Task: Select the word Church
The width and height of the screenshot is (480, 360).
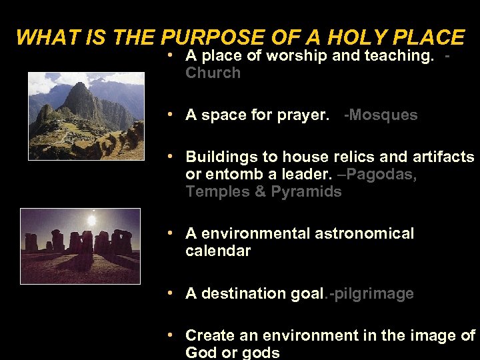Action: (213, 73)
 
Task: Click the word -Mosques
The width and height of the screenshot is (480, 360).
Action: (380, 115)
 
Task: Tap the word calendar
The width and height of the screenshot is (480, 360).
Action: (218, 251)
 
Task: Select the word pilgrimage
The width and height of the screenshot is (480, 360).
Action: (375, 293)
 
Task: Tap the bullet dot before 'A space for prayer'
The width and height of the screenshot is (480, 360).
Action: (171, 115)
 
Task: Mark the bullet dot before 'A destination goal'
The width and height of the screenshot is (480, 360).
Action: (171, 293)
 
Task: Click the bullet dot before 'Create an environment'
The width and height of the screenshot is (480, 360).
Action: (171, 335)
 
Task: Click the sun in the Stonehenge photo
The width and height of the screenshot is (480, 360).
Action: (92, 219)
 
